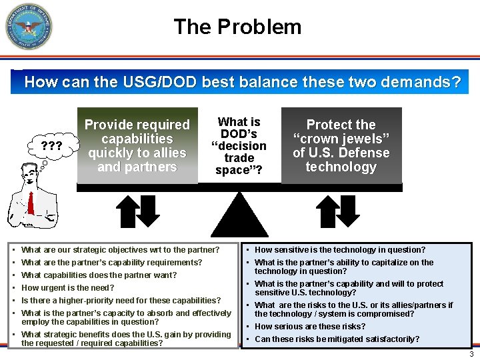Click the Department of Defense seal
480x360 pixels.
point(29,27)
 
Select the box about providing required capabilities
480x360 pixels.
point(137,145)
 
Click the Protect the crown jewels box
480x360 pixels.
point(341,145)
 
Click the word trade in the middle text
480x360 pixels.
point(239,158)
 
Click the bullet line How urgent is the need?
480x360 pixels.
point(68,288)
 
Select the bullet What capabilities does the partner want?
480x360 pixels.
point(99,275)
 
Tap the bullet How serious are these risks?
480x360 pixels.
point(310,327)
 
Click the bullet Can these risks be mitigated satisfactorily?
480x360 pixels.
point(337,339)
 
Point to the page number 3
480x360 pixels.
point(471,354)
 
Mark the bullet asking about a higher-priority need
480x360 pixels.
point(121,301)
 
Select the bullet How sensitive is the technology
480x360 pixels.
point(340,250)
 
